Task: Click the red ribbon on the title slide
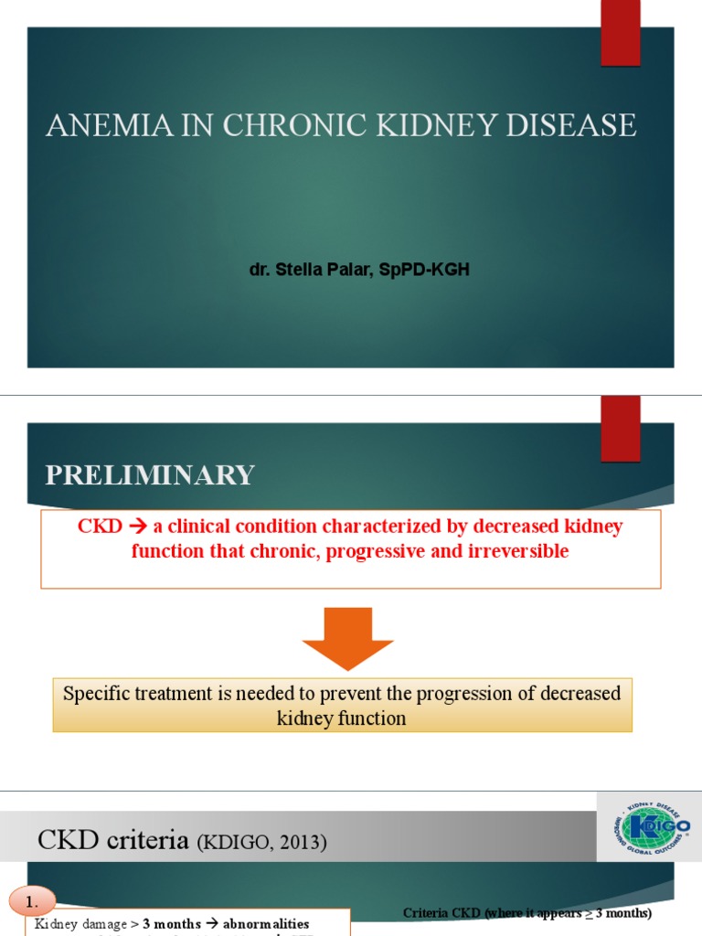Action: point(620,32)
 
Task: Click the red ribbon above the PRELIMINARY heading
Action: point(620,428)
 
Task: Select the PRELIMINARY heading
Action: point(150,475)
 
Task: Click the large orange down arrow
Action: point(348,638)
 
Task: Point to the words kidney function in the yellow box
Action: point(342,718)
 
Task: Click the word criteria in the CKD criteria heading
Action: point(143,840)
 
